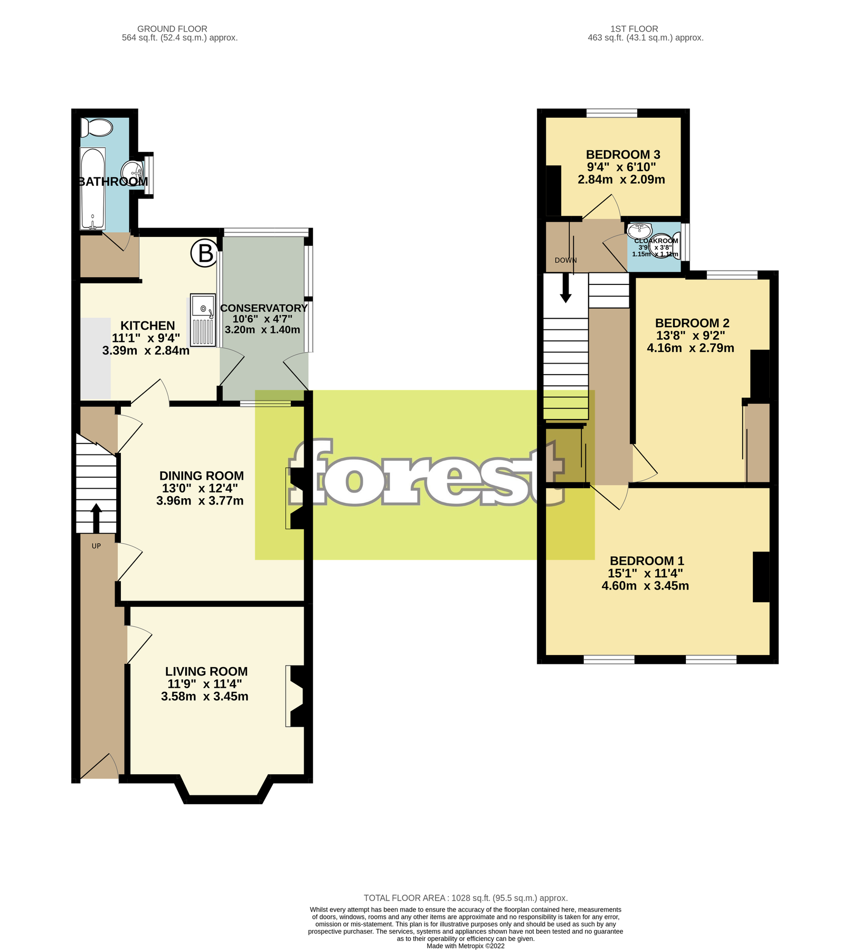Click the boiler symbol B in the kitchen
(204, 253)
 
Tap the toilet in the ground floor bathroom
(98, 128)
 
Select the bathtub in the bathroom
(93, 188)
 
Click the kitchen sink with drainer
(203, 320)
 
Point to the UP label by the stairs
(96, 546)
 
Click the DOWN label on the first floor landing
(565, 260)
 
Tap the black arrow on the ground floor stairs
(96, 518)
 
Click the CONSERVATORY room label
(263, 308)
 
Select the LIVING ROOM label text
(206, 671)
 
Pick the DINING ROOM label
(202, 476)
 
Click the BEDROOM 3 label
(623, 155)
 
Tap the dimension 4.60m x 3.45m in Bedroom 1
(645, 585)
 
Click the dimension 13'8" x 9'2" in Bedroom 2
(690, 335)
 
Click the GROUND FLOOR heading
(172, 29)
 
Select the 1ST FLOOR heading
(634, 29)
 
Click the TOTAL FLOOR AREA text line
(465, 898)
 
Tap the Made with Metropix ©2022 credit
(465, 946)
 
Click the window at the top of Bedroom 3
(611, 113)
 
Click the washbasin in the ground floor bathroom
(131, 171)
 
